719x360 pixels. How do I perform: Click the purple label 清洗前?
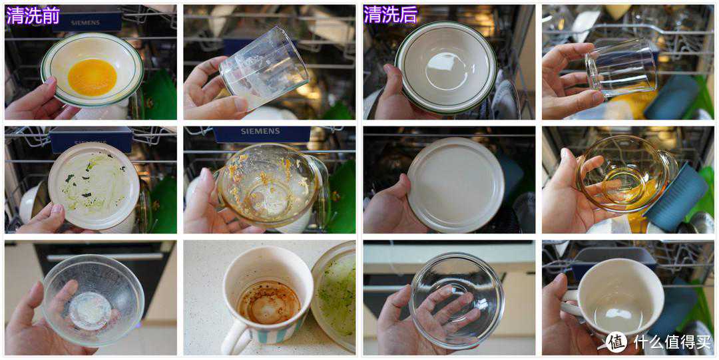point(33,15)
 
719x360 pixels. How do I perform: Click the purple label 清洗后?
point(391,15)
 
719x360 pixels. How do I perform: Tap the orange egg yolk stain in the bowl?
point(92,77)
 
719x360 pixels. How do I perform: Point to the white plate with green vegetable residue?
point(94,186)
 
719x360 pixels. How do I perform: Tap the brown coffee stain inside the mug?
point(269,302)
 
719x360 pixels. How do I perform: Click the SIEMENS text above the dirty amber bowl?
point(260,132)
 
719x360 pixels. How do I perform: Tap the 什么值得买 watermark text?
point(672,341)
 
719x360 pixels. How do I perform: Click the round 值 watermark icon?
point(616,341)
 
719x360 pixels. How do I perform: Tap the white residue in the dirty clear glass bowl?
point(90,311)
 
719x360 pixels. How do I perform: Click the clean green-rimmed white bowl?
point(445,67)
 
